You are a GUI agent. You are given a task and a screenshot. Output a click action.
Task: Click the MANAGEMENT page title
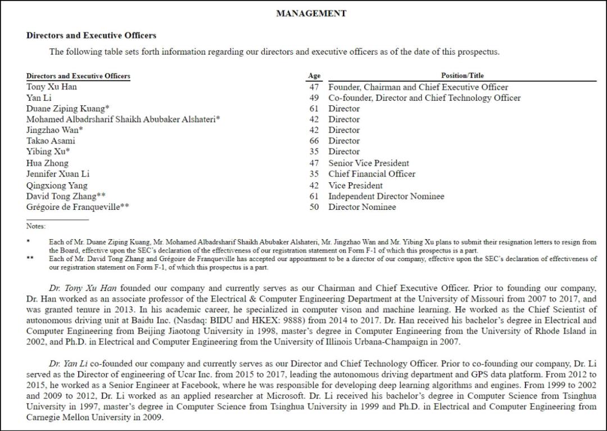(x=311, y=14)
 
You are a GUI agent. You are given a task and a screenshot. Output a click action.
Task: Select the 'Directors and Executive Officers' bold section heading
(x=91, y=35)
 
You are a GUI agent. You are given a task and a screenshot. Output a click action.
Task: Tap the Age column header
(x=314, y=76)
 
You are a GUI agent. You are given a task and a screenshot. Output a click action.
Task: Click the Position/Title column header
(x=462, y=76)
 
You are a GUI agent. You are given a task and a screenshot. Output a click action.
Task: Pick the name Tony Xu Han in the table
(x=52, y=87)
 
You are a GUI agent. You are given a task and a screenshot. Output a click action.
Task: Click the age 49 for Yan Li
(x=314, y=98)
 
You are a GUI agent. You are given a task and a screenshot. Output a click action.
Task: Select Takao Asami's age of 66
(x=314, y=141)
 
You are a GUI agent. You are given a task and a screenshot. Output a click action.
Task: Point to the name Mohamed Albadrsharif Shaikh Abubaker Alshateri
(x=123, y=119)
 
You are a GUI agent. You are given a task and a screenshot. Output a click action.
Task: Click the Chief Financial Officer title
(x=372, y=174)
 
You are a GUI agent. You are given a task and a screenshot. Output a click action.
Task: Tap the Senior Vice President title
(x=369, y=163)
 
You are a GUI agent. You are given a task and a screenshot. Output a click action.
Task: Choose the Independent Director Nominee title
(x=386, y=196)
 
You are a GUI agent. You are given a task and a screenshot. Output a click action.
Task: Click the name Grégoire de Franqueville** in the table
(x=78, y=207)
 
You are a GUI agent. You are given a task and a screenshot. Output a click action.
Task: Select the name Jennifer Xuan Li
(x=58, y=174)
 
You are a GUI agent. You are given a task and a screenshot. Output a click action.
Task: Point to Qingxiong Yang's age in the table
(x=314, y=185)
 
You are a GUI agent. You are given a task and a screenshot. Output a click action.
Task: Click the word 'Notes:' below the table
(x=35, y=226)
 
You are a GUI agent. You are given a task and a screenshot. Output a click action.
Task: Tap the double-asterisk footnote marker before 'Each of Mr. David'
(x=30, y=259)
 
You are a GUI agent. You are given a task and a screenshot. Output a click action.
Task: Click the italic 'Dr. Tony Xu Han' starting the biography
(x=83, y=288)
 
